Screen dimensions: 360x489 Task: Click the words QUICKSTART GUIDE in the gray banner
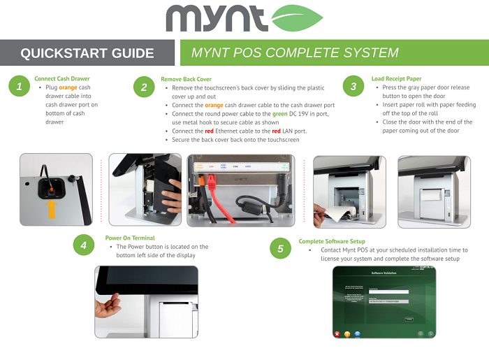click(87, 53)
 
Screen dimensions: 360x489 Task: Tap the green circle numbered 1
click(20, 87)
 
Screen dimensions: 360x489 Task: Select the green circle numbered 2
click(144, 87)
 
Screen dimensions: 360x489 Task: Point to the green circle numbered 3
click(354, 87)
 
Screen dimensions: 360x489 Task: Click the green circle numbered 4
click(84, 245)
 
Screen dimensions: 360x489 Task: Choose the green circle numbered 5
click(280, 249)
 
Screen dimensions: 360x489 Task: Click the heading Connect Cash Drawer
click(62, 79)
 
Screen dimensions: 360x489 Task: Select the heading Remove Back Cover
click(186, 79)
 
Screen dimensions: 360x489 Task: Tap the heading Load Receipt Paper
click(396, 79)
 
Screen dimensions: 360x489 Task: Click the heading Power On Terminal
click(130, 238)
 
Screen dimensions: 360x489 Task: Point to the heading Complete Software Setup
click(332, 241)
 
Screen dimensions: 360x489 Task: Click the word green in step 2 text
click(280, 113)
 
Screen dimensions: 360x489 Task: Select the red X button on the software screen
click(337, 334)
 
